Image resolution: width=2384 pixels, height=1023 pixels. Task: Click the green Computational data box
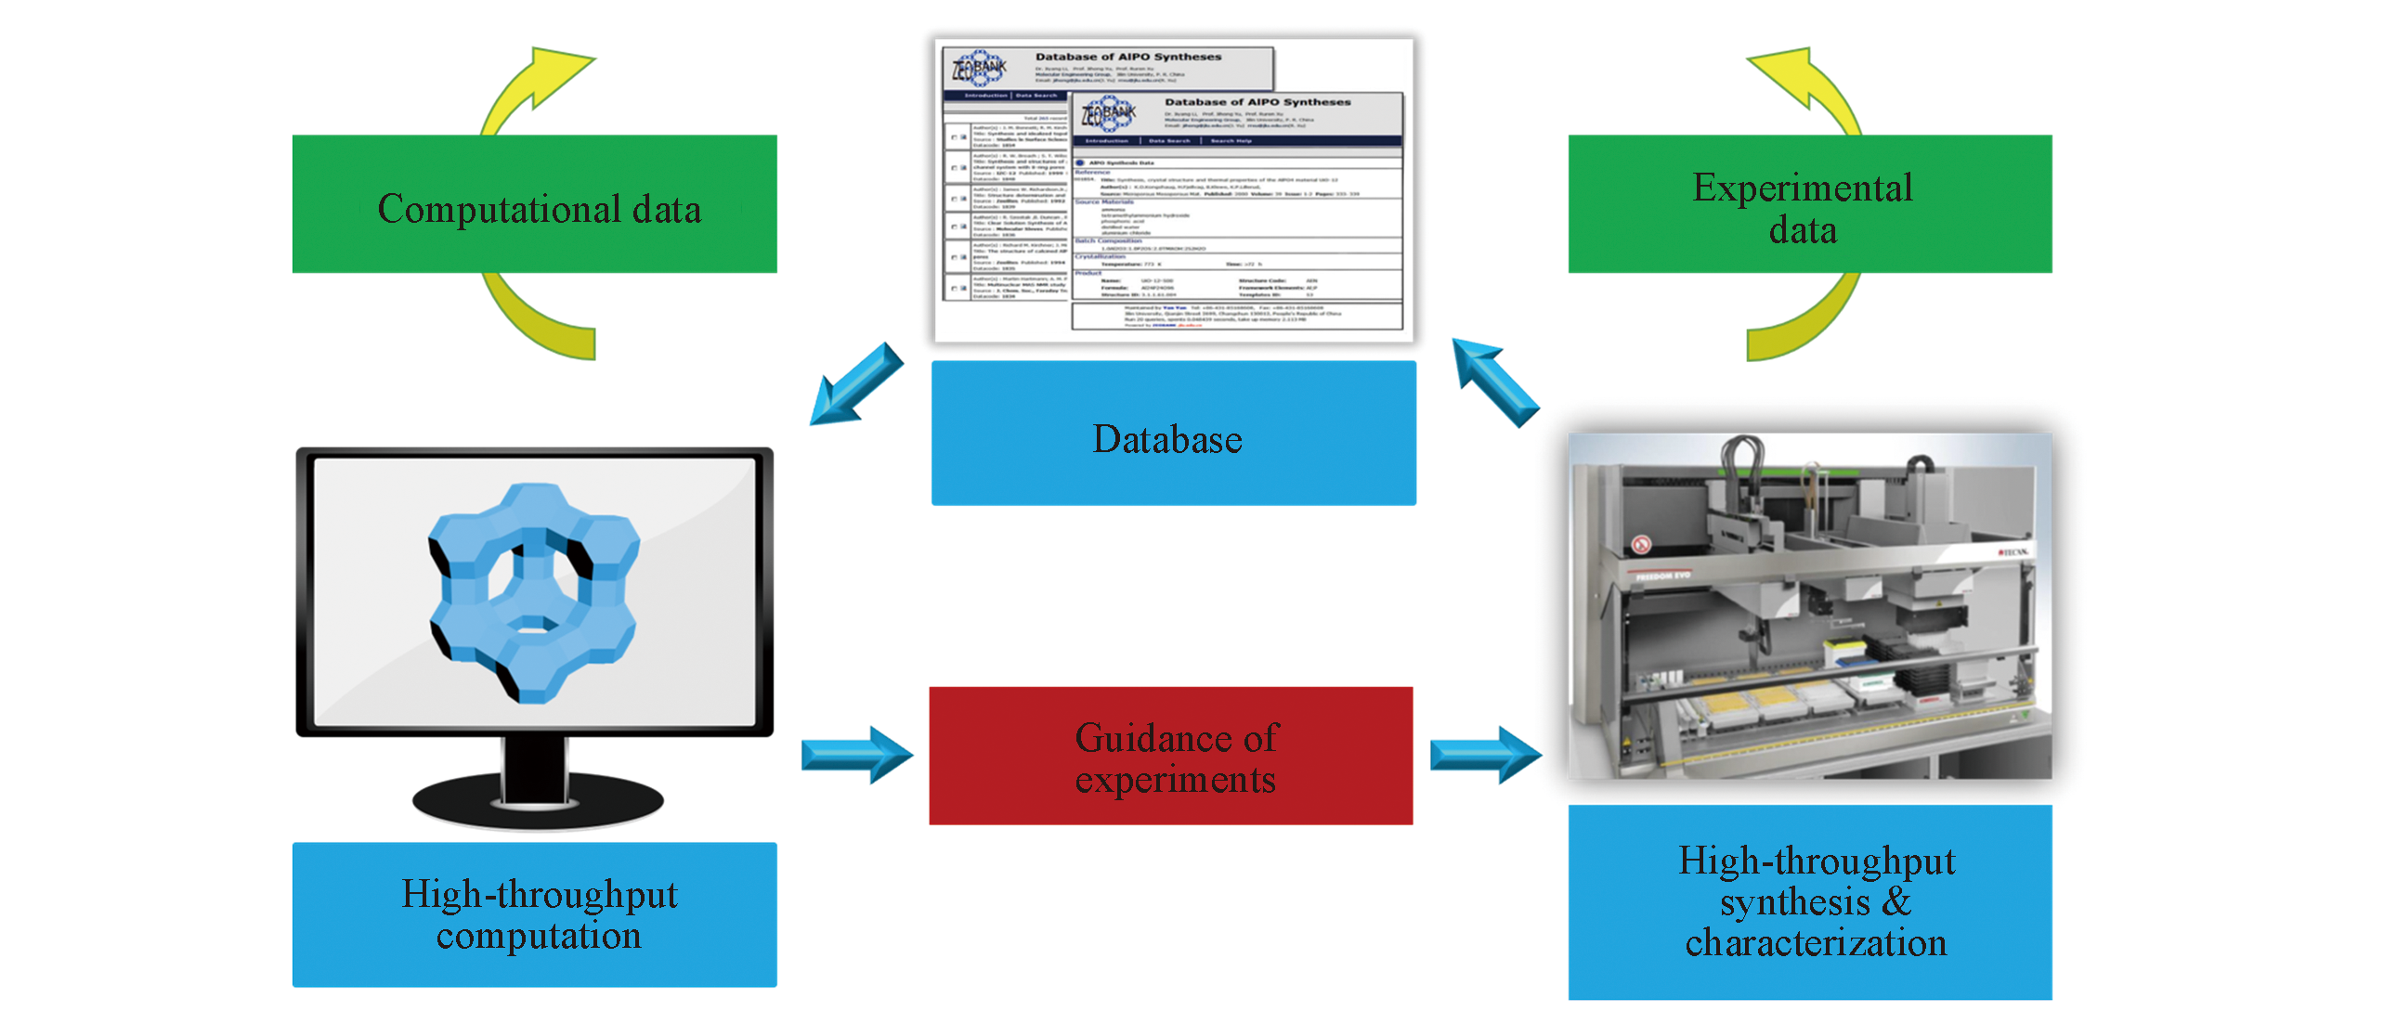tap(534, 204)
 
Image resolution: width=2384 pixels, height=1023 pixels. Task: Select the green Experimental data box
tap(1809, 204)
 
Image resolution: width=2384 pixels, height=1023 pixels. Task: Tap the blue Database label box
tap(1173, 434)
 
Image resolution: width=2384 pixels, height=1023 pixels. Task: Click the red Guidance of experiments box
tap(1170, 756)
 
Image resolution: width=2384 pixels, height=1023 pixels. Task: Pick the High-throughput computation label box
tap(534, 914)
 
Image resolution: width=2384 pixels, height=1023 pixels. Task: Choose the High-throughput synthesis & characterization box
tap(1809, 901)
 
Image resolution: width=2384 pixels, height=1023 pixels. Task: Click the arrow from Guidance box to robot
tap(1485, 754)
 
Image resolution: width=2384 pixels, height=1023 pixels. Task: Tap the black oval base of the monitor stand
tap(538, 800)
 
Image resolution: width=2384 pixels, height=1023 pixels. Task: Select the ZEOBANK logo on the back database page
tap(979, 68)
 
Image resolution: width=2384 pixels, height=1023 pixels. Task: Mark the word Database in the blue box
tap(1167, 439)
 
